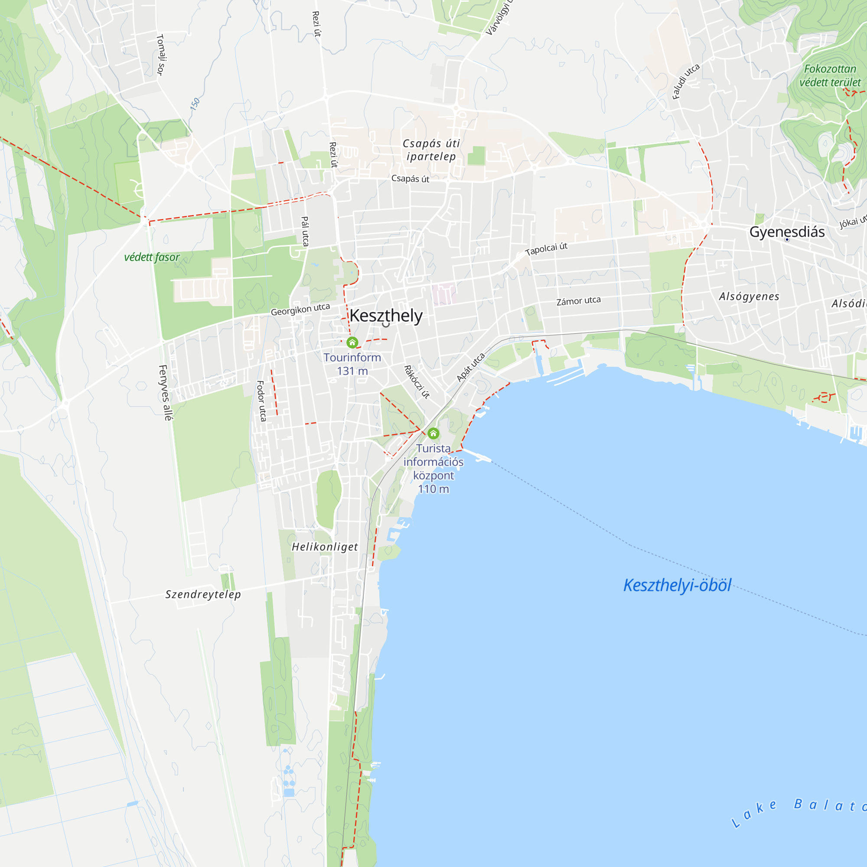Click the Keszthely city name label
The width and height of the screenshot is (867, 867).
coord(386,316)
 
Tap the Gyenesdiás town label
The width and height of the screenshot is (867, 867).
coord(787,232)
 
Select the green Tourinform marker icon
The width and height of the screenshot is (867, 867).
coord(352,343)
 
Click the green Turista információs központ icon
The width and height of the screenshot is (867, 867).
coord(433,433)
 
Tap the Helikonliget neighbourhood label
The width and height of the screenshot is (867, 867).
coord(325,547)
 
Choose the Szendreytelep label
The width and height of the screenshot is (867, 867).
coord(203,594)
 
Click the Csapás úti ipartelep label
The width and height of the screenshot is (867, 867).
coord(431,150)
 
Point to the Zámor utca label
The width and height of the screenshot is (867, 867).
coord(578,301)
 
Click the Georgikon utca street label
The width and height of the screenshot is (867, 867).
coord(300,309)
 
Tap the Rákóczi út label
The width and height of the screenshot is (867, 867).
coord(417,382)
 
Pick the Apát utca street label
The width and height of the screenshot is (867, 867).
coord(470,367)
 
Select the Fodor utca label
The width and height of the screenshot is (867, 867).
coord(261,401)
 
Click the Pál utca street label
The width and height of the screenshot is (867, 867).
coord(305,231)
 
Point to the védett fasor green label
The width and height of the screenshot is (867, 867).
coord(152,257)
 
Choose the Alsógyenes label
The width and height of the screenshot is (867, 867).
coord(749,297)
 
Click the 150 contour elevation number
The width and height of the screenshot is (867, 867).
coord(195,104)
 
